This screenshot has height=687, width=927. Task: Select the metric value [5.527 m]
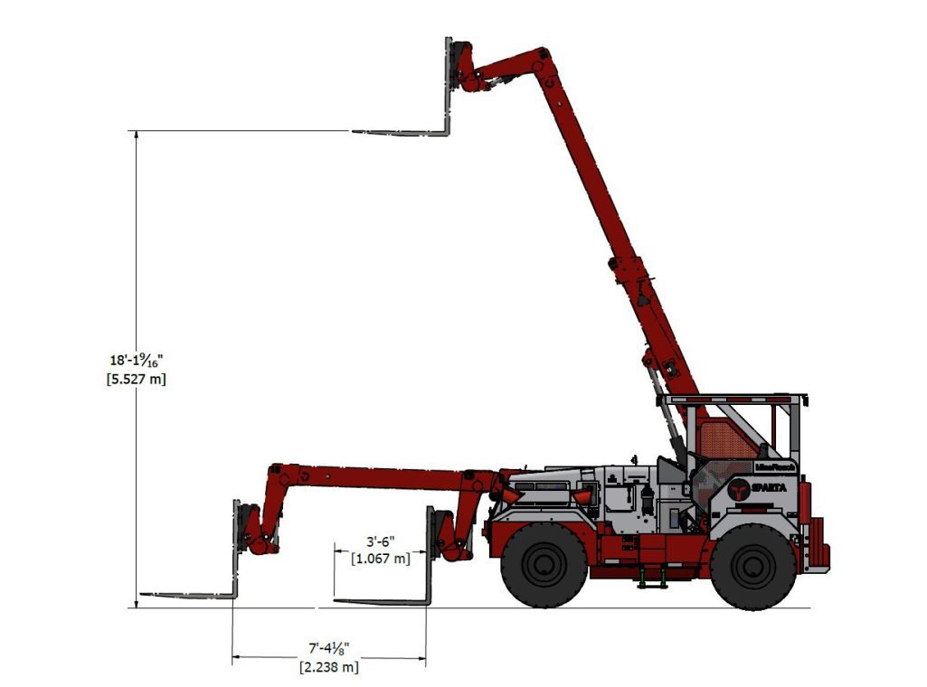pos(136,379)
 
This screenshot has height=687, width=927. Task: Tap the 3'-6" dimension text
pos(380,542)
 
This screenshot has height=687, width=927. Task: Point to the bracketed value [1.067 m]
pos(380,559)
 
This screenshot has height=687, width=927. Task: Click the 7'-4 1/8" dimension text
pos(329,649)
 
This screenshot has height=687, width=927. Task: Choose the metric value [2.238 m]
pos(329,667)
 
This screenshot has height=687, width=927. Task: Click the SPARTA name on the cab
pos(770,487)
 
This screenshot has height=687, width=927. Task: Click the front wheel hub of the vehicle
pos(544,566)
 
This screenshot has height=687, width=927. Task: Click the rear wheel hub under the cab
pos(752,566)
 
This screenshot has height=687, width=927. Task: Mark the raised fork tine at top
pos(398,132)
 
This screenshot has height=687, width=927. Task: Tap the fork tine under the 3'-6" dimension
pos(380,600)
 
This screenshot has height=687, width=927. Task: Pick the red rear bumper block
pos(819,544)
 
